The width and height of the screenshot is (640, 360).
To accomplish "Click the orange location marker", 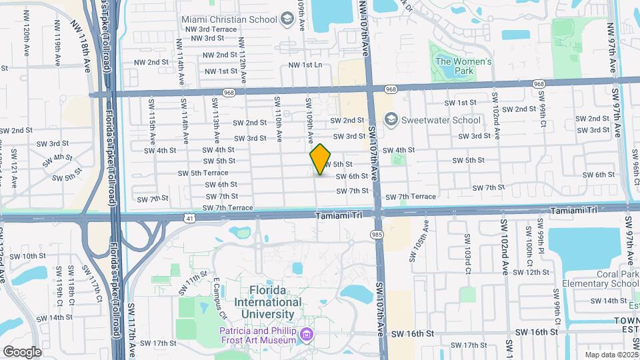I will [321, 159].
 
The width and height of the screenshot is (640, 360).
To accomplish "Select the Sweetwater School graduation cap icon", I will [391, 120].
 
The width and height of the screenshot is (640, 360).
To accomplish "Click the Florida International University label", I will [276, 302].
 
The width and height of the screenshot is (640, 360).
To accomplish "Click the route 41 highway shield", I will [191, 217].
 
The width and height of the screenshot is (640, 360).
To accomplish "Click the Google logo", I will [22, 351].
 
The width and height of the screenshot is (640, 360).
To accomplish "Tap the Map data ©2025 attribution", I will [611, 355].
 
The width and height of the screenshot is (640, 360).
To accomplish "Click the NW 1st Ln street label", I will [305, 65].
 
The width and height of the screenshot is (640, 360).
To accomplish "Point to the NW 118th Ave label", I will [89, 57].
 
